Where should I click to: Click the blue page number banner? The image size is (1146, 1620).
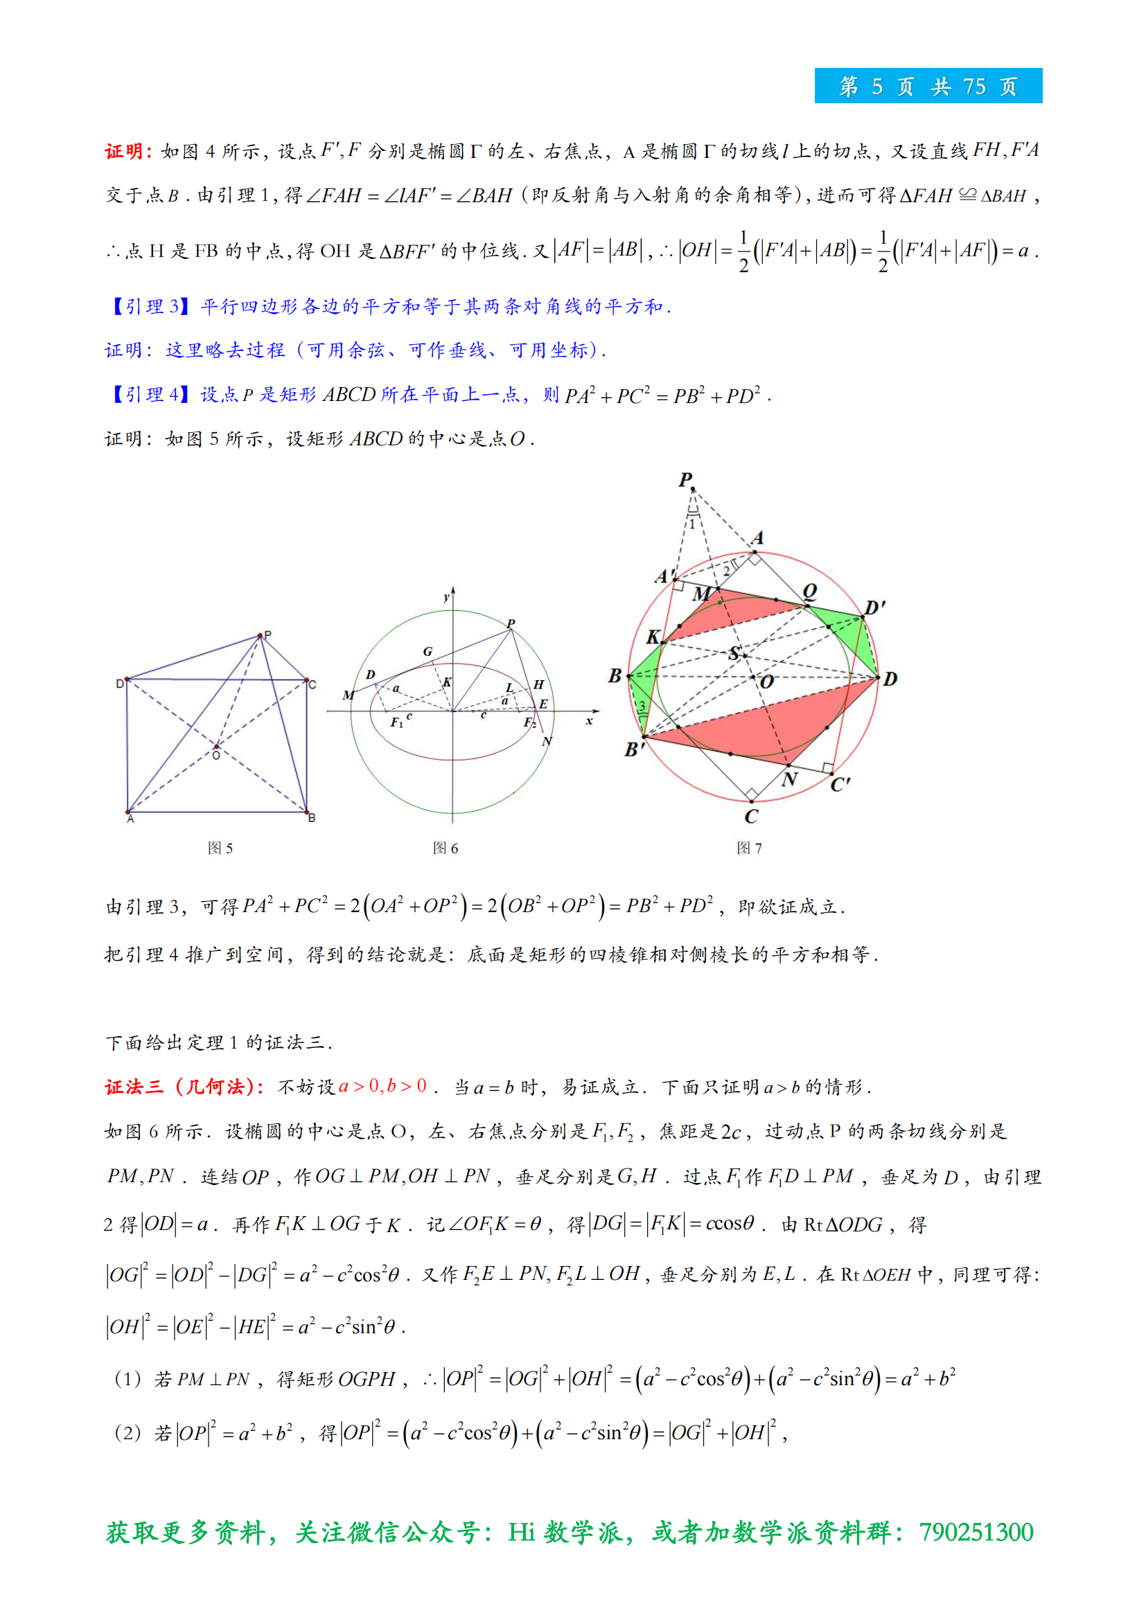click(927, 86)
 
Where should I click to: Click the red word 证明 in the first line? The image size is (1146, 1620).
click(123, 152)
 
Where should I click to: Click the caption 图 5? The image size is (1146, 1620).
click(220, 848)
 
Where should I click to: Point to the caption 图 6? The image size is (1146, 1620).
click(446, 848)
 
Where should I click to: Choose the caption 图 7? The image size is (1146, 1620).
click(749, 848)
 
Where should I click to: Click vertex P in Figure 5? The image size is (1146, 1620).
click(261, 636)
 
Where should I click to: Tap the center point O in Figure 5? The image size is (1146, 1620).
click(216, 747)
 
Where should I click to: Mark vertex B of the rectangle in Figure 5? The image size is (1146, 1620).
click(306, 812)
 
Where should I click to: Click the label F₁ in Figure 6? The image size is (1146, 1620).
click(396, 722)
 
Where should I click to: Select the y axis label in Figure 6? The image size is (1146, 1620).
click(446, 598)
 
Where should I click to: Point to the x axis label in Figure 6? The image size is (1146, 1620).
click(588, 721)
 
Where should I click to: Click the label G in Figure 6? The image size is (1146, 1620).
click(427, 651)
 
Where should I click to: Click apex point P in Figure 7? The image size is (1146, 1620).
click(692, 488)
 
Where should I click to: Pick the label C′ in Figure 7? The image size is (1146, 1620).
click(840, 785)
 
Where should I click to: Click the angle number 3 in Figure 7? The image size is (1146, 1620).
click(642, 706)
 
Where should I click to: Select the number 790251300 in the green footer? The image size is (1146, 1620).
click(976, 1533)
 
